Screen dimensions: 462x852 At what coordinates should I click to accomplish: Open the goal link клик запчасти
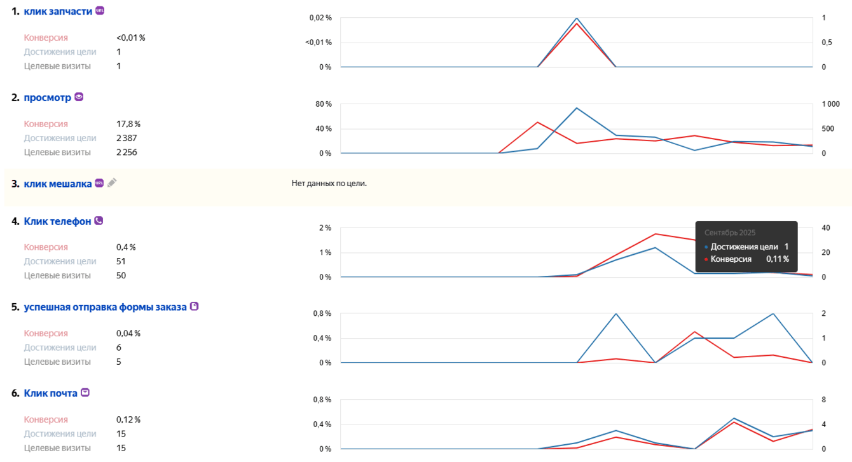pos(58,11)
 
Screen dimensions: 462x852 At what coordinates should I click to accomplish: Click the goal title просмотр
pos(47,98)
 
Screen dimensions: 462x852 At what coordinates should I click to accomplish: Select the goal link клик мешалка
pos(57,184)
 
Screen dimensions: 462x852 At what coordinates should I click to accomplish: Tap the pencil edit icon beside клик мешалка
pos(112,183)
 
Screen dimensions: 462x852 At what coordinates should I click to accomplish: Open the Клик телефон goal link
pos(57,221)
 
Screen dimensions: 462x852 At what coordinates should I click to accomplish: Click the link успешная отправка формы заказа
pos(105,307)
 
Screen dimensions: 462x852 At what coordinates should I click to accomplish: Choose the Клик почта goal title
pos(50,393)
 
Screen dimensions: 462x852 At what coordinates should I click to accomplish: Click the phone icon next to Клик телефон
pos(99,221)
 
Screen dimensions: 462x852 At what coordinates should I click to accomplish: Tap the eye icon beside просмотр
pos(79,97)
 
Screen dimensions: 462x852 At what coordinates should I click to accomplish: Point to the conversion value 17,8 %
pos(128,124)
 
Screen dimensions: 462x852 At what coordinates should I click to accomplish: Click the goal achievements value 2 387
pos(127,138)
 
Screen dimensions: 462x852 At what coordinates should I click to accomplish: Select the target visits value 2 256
pos(127,153)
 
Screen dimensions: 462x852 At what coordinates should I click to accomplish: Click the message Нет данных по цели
pos(329,184)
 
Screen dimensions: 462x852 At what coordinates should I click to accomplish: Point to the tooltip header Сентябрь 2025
pos(730,233)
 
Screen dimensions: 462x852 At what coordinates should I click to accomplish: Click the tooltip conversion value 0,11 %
pos(777,259)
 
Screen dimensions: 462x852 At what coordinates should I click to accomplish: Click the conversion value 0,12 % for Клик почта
pos(128,420)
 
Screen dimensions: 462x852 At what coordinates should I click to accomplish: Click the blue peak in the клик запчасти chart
pos(576,18)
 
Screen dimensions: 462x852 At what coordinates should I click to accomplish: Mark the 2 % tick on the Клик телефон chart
pos(325,228)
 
